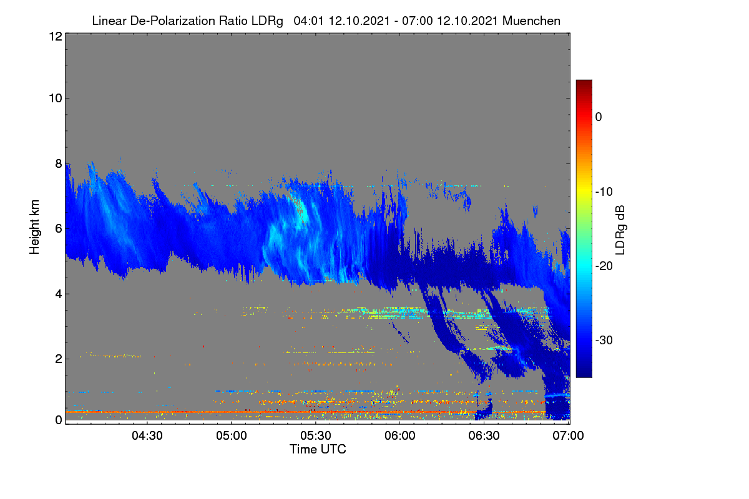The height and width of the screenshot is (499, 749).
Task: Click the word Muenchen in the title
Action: pos(531,21)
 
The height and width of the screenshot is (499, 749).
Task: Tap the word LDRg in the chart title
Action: pos(267,21)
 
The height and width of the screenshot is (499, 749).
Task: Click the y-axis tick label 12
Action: pos(56,36)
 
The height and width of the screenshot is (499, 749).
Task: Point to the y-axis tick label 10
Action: pos(56,98)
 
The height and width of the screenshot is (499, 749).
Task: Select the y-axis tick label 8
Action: pos(59,163)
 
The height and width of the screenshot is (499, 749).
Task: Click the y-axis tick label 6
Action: pos(59,228)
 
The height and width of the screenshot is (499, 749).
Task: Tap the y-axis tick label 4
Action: pos(59,294)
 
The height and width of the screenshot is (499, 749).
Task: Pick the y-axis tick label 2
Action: pos(59,359)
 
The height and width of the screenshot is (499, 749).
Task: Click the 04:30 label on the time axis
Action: pos(147,435)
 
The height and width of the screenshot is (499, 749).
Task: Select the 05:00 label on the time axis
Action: pos(232,435)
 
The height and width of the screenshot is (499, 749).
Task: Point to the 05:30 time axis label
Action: pos(316,435)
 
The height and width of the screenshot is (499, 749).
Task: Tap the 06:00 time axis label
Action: pos(400,435)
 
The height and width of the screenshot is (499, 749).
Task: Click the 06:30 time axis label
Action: pos(484,435)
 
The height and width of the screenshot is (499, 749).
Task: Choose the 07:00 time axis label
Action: pos(568,435)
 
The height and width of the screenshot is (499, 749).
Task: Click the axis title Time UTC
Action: pos(318,449)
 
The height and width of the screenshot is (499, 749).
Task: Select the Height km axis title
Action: pos(34,227)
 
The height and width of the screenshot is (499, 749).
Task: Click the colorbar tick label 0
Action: pos(599,117)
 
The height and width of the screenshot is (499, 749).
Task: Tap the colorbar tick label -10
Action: pos(604,191)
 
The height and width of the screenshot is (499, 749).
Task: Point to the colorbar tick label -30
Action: pos(604,340)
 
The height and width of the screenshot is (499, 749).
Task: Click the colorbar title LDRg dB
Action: pos(620,230)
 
